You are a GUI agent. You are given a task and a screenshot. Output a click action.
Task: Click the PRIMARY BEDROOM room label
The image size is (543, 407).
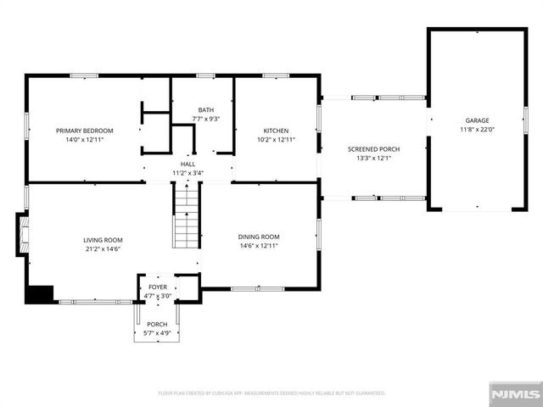coord(85,131)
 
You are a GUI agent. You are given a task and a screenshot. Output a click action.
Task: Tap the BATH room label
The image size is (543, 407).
coord(206,110)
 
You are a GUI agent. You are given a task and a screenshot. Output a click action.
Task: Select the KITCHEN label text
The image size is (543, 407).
coord(276,131)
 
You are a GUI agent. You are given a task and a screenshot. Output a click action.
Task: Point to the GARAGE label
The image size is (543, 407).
coord(476,120)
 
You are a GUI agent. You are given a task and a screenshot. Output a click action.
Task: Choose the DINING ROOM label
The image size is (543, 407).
coord(259,237)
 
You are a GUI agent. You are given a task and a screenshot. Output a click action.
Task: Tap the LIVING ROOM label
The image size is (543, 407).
coord(103,240)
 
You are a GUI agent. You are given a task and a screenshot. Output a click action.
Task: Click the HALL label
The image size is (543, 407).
coord(188,164)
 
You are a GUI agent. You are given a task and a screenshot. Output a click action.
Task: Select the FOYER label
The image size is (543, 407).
coord(158,287)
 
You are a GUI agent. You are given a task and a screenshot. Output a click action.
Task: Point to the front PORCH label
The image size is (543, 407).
coord(157,324)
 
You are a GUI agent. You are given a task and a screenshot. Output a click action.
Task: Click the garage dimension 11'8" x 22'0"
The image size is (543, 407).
coord(476,130)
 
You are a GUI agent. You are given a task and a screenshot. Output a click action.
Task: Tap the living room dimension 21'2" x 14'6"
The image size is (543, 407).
coord(103,249)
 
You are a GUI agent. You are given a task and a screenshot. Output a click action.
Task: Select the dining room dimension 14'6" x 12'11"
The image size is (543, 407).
coord(259,246)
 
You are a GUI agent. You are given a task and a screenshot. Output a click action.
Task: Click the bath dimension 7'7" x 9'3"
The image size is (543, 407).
coord(206,120)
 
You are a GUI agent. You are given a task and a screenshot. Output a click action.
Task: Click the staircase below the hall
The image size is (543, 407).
coord(187,217)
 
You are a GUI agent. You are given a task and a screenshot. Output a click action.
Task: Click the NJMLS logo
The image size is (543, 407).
coord(515,394)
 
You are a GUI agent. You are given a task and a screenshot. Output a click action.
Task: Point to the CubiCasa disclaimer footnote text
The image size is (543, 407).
coord(271,393)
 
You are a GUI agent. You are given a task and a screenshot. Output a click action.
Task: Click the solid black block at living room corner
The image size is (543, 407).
coord(39,294)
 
